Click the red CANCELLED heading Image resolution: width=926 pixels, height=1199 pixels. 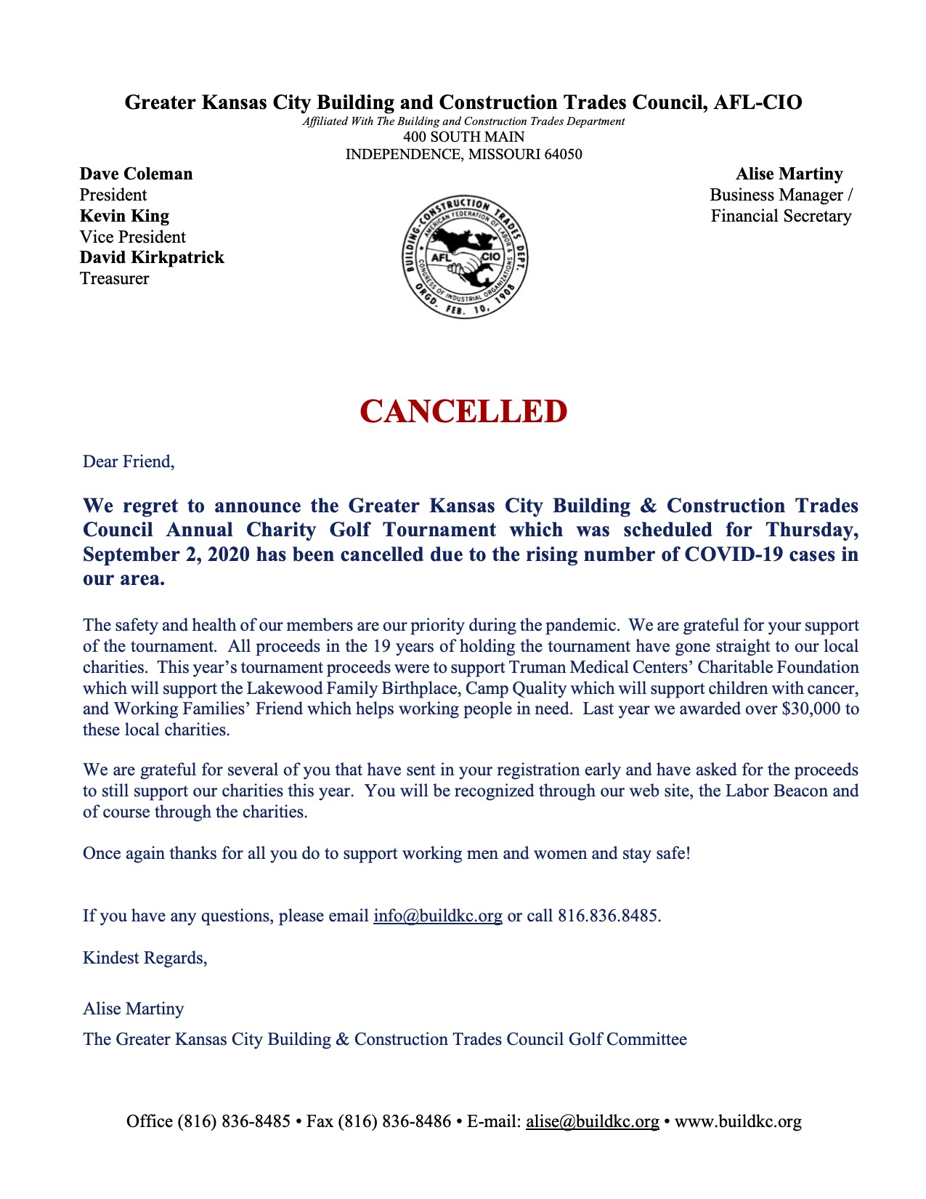tap(463, 411)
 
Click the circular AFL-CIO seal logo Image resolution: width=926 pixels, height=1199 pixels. tap(465, 257)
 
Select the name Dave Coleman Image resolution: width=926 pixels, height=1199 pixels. tap(136, 174)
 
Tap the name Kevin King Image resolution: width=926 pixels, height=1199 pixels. tap(124, 217)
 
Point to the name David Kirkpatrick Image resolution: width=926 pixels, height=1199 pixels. tap(152, 258)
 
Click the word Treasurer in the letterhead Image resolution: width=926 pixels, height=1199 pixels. tap(114, 279)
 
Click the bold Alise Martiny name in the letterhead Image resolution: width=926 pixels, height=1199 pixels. tap(789, 174)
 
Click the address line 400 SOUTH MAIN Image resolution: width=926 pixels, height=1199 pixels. tap(463, 137)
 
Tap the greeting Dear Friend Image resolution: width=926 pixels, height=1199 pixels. tap(129, 462)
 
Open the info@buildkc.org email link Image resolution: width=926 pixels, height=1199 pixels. tap(437, 916)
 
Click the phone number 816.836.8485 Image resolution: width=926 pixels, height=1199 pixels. tap(608, 916)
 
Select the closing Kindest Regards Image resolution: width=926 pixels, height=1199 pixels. tap(145, 958)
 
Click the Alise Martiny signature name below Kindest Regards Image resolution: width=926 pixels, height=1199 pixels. tap(133, 1009)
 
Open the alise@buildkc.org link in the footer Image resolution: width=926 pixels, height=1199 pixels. tap(592, 1122)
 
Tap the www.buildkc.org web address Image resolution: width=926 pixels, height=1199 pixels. tap(738, 1122)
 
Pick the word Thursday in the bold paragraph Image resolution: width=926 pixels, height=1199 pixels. tap(811, 530)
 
